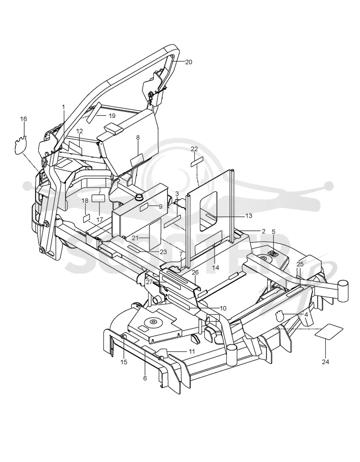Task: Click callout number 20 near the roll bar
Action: coord(189,62)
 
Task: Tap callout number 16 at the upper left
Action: coord(23,119)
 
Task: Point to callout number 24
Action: coord(325,362)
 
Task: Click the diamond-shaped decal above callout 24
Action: coord(329,332)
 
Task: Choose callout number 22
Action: coord(194,149)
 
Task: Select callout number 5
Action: coord(273,232)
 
